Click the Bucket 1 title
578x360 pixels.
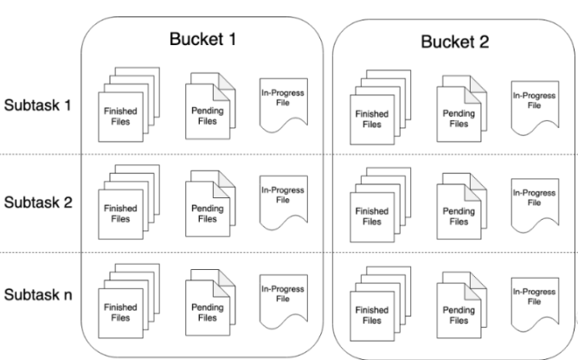(202, 39)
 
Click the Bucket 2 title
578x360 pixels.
(455, 42)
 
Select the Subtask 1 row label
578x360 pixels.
(37, 105)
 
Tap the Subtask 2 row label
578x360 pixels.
(38, 202)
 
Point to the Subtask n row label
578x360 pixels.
(38, 295)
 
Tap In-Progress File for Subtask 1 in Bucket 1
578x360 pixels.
(284, 105)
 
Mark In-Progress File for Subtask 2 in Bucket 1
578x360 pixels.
(284, 202)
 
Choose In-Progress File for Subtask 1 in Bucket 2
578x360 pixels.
(535, 108)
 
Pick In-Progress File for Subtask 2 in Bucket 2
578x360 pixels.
(535, 205)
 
